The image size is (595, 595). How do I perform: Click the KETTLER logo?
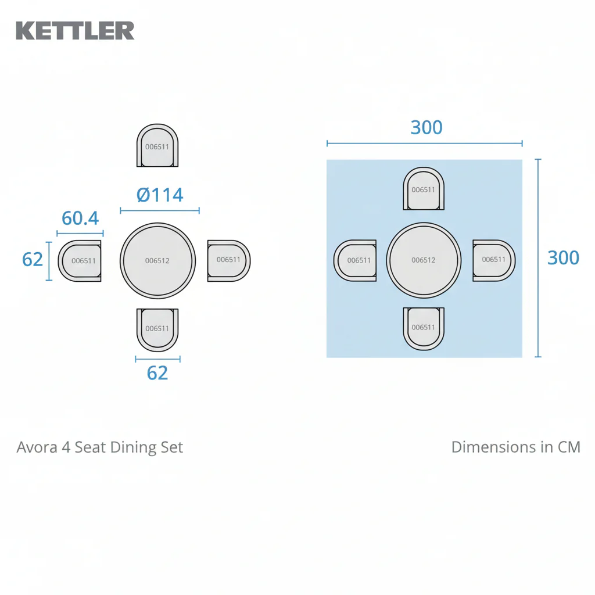point(75,31)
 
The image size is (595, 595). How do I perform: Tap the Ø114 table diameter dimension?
point(160,195)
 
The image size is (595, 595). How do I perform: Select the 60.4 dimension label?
point(80,218)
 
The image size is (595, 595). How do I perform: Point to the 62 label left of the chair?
point(33,260)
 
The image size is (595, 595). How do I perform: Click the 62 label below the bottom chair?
point(157,373)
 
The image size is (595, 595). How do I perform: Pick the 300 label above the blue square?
point(426,127)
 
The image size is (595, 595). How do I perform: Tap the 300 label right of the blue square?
point(563,258)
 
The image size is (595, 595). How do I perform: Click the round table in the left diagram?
point(158,261)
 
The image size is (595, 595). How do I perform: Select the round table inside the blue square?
point(424,260)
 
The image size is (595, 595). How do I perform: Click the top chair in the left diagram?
point(157,145)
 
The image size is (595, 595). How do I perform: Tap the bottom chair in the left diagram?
point(157,330)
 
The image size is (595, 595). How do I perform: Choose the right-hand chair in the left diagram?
point(229,261)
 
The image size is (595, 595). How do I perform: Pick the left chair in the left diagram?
point(80,261)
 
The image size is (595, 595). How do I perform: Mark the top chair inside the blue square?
point(424,189)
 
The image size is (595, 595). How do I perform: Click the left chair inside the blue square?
point(355,260)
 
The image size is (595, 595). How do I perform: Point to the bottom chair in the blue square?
point(424,329)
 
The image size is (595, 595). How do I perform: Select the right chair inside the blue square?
point(494,260)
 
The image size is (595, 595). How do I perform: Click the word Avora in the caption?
point(37,447)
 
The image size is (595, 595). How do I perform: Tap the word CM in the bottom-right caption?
point(569,447)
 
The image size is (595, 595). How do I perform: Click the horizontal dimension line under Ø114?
point(160,210)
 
